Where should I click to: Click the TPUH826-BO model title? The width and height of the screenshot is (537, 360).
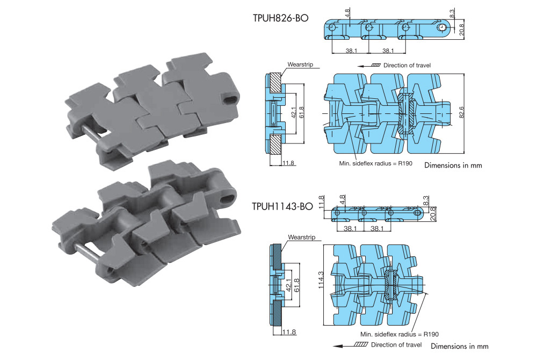coord(280,18)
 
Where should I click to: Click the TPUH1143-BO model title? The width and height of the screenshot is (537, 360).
coord(282,206)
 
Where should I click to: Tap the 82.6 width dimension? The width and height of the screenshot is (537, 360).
coord(461,112)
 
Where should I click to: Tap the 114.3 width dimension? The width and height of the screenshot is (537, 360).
coord(321,280)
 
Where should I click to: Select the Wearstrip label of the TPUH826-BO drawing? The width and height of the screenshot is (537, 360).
coord(300,64)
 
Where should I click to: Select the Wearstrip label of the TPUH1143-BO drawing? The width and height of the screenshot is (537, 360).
coord(301,237)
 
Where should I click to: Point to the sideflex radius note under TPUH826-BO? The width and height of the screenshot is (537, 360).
coord(376,163)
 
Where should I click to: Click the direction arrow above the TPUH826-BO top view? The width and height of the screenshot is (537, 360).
coord(368,66)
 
